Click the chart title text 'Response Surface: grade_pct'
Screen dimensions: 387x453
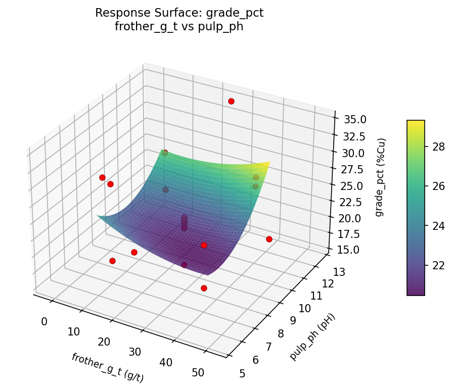pyautogui.click(x=179, y=13)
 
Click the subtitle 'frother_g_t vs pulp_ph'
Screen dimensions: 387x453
pyautogui.click(x=179, y=27)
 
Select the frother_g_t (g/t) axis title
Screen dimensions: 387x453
pyautogui.click(x=108, y=367)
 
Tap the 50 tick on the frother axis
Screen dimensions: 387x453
pyautogui.click(x=199, y=372)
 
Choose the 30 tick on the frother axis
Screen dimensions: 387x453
pyautogui.click(x=135, y=352)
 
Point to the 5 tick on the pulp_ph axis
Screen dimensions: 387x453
pyautogui.click(x=242, y=373)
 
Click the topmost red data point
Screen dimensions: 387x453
pyautogui.click(x=231, y=101)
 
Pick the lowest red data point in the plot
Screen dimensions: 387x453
pyautogui.click(x=204, y=288)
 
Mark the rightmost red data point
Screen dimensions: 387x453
pyautogui.click(x=269, y=239)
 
